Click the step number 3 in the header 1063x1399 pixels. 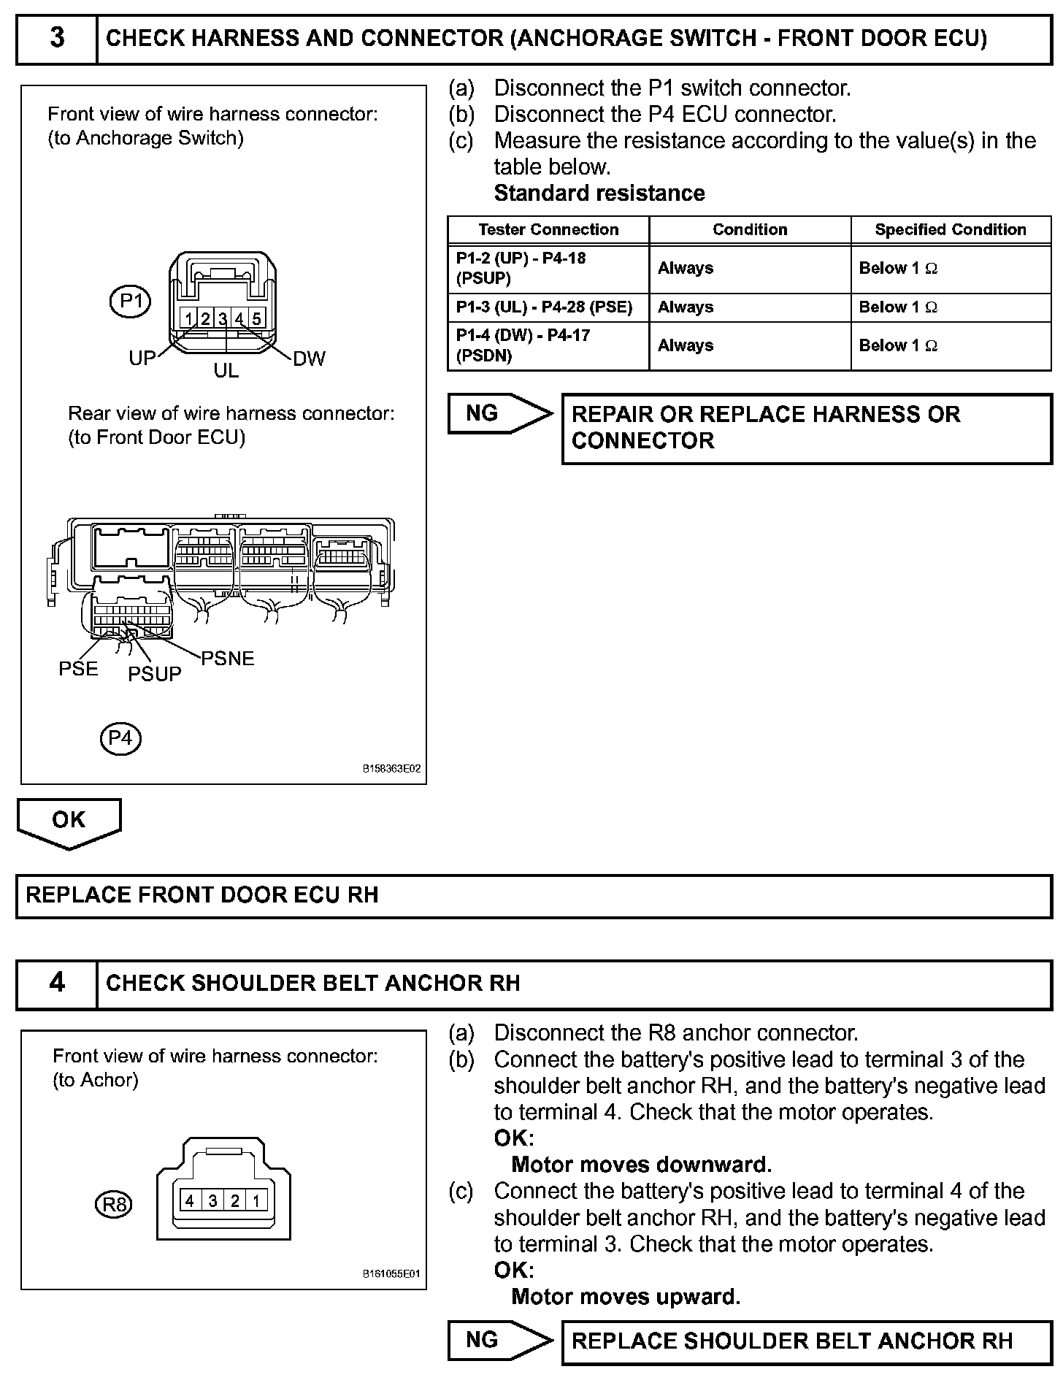coord(57,37)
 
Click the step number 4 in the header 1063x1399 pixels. coord(57,982)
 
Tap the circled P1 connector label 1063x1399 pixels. coord(130,301)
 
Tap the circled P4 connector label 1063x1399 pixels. coord(120,738)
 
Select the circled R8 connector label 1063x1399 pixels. coord(114,1203)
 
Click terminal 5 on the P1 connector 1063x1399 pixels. coord(256,318)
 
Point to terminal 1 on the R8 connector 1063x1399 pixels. coord(256,1200)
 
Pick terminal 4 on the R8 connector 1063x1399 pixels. coord(190,1200)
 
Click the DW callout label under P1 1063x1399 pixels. coord(309,359)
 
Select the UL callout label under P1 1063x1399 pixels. coord(226,371)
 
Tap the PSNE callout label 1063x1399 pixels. coord(228,659)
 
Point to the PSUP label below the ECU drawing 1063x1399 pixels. coord(155,674)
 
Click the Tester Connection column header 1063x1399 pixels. coord(548,230)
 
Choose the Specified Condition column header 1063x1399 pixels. coord(951,230)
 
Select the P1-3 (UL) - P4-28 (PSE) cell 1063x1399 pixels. coord(545,307)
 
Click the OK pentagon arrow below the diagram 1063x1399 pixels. coord(69,821)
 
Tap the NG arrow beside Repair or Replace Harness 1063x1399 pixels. coord(499,414)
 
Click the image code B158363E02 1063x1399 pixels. coord(391,769)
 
